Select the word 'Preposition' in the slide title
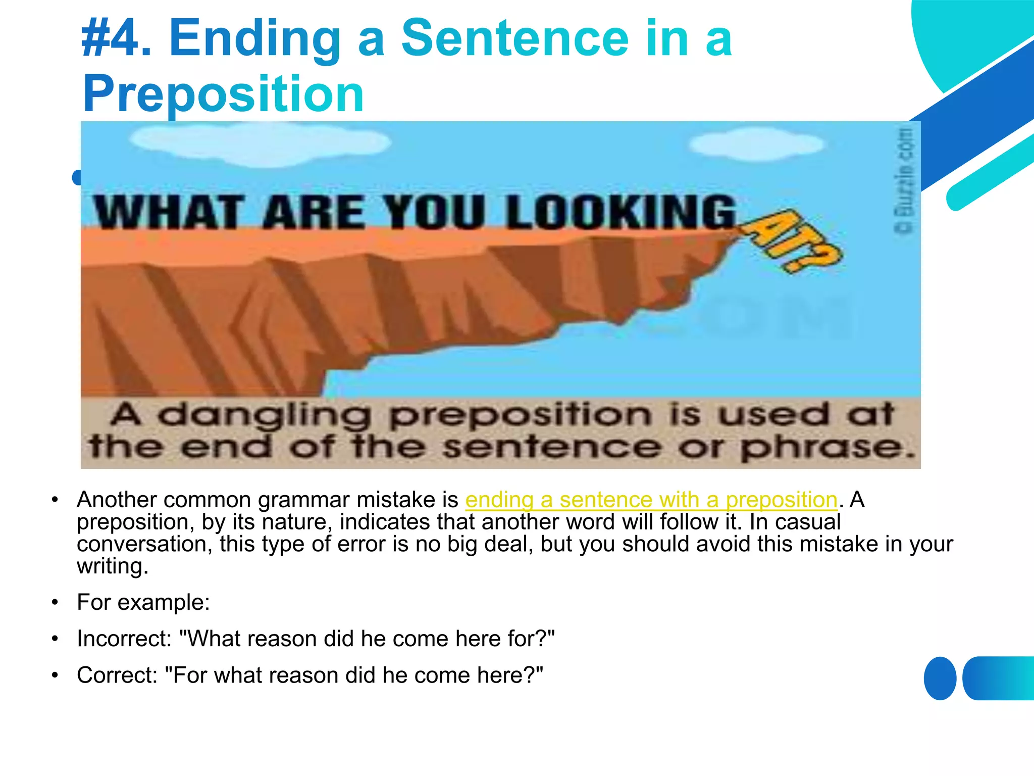[x=223, y=94]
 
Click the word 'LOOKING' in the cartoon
[x=621, y=212]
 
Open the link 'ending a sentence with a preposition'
[x=651, y=500]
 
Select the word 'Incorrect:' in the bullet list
[x=124, y=639]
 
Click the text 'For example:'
[x=143, y=602]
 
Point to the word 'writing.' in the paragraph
[x=113, y=566]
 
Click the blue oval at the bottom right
[x=940, y=678]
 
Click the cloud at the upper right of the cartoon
[x=757, y=145]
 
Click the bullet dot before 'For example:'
[x=56, y=602]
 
